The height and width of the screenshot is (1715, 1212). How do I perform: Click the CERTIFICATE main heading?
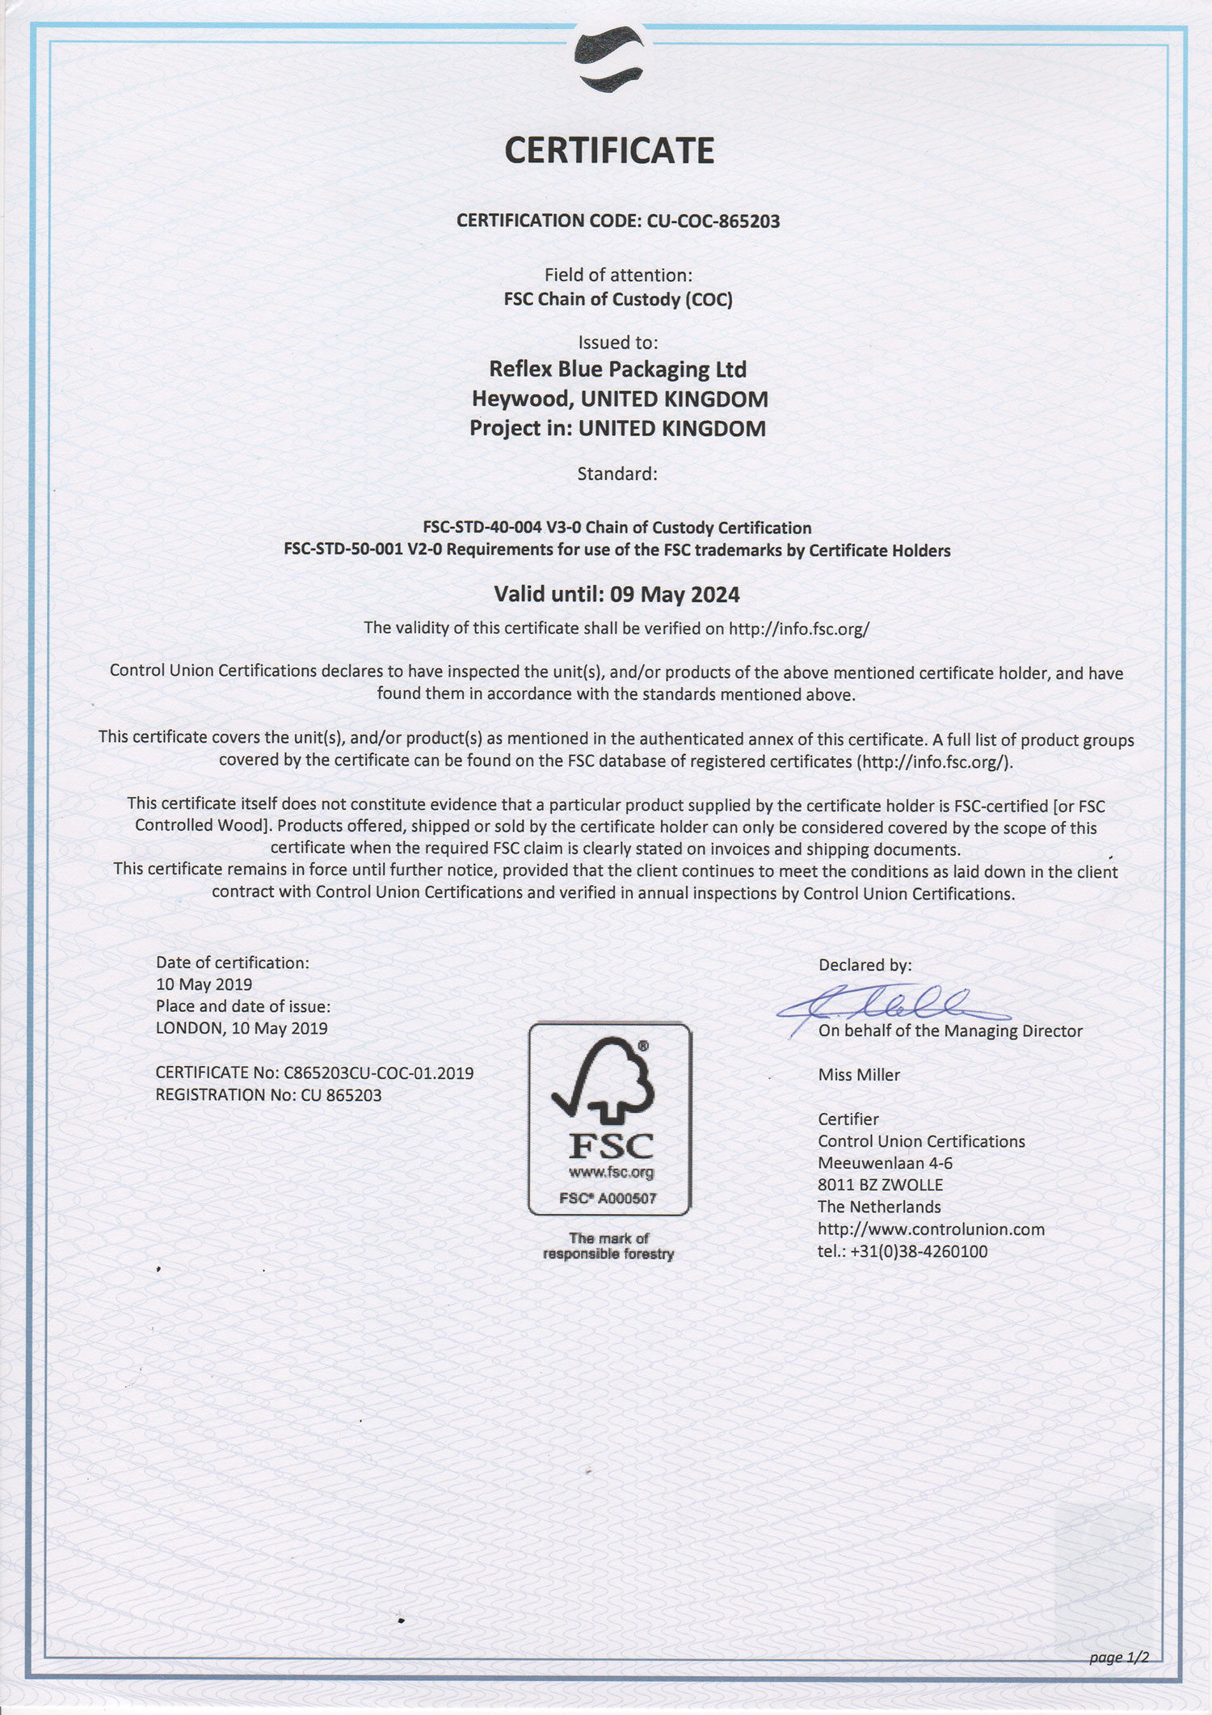[x=609, y=151]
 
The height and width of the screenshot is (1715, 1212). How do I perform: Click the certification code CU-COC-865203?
[x=713, y=221]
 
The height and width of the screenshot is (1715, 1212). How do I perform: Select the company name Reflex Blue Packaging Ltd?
[x=617, y=369]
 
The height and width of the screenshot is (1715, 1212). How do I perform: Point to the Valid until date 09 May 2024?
[x=675, y=595]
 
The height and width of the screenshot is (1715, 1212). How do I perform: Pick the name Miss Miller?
[x=858, y=1075]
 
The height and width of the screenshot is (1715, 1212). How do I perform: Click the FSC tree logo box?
[x=609, y=1119]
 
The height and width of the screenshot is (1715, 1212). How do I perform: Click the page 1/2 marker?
[x=1118, y=1657]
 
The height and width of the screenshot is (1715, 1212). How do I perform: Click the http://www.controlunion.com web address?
[x=931, y=1229]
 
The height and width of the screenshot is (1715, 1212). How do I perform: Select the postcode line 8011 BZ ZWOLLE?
[x=880, y=1185]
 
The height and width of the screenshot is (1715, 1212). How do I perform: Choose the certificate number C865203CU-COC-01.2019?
[x=378, y=1073]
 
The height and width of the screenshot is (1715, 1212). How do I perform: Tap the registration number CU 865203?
[x=341, y=1095]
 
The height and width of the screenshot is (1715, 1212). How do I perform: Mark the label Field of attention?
[x=618, y=275]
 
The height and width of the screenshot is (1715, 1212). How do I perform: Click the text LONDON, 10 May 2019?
[x=242, y=1028]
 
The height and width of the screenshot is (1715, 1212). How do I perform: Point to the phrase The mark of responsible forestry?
[x=608, y=1245]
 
